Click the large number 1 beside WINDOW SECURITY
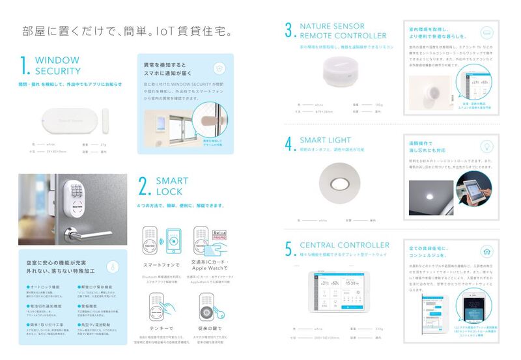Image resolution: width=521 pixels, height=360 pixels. pos(25,66)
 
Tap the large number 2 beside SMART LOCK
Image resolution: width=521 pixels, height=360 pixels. pos(145,186)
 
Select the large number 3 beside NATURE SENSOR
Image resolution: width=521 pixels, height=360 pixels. pos(289,31)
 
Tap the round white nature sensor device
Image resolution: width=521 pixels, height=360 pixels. pos(346,72)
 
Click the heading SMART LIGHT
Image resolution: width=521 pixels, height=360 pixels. pos(325,140)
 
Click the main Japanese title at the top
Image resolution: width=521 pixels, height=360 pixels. pos(127,31)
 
